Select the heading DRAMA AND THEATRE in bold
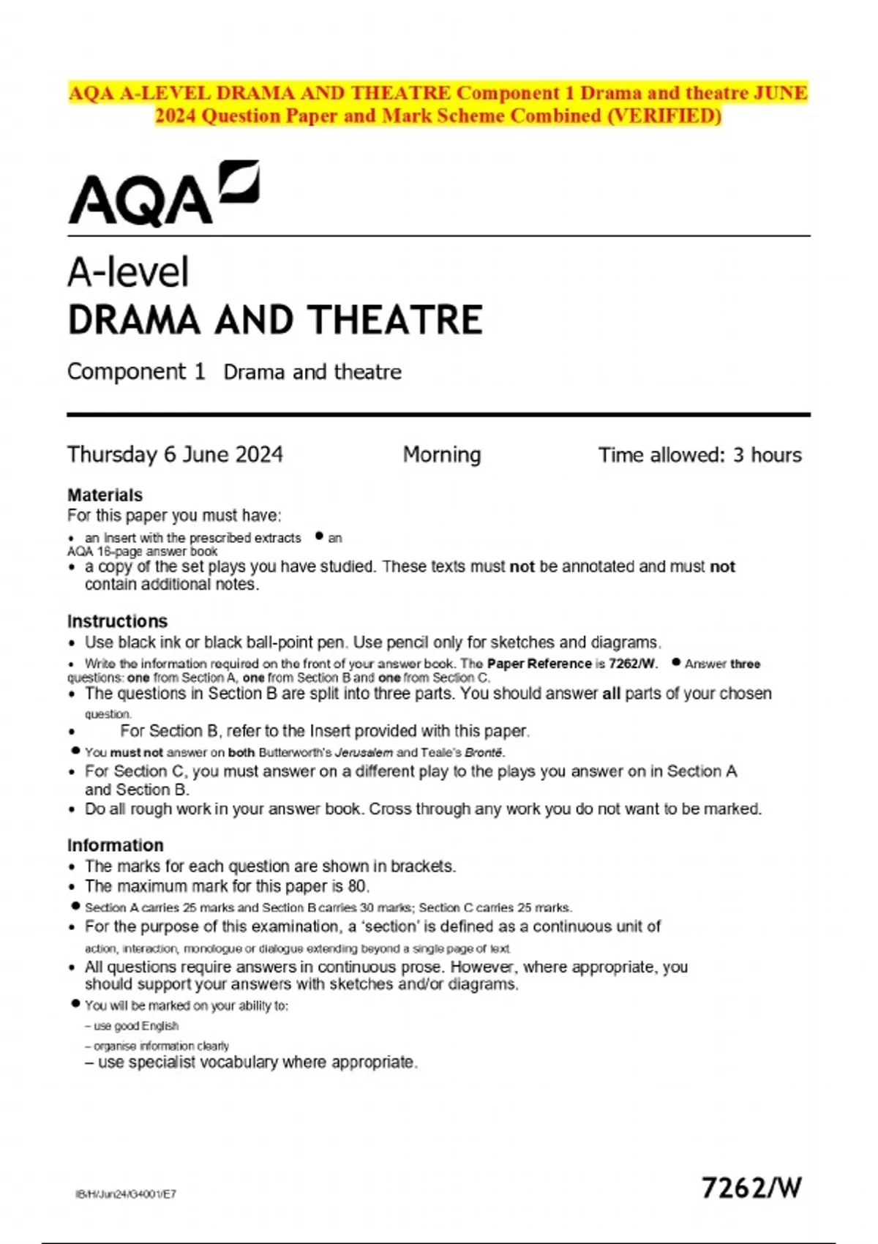pos(274,321)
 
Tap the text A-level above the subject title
pos(128,272)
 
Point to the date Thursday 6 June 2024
pos(175,454)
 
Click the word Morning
pos(441,454)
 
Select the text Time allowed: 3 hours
pos(699,455)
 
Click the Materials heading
pos(105,495)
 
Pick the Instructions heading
pos(117,621)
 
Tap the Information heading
pos(115,845)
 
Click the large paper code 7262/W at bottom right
pos(751,1187)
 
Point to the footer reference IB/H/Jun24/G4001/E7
pos(125,1194)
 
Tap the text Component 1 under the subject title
pos(136,372)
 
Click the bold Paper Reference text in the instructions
pos(539,664)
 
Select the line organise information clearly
pos(161,1046)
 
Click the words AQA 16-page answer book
pos(142,552)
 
